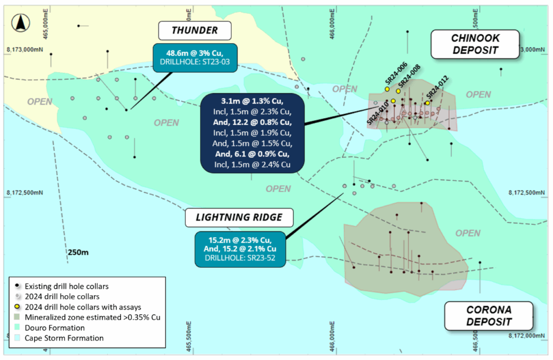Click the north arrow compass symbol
point(21,23)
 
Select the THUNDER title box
point(194,31)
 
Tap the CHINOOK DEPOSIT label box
point(474,44)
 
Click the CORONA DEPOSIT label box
point(488,316)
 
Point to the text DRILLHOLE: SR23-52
point(239,259)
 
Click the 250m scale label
point(78,252)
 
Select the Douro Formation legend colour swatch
point(18,328)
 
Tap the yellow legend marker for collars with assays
point(18,307)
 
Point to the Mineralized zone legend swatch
point(18,317)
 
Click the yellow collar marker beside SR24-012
point(427,103)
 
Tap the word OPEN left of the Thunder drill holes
point(40,101)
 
